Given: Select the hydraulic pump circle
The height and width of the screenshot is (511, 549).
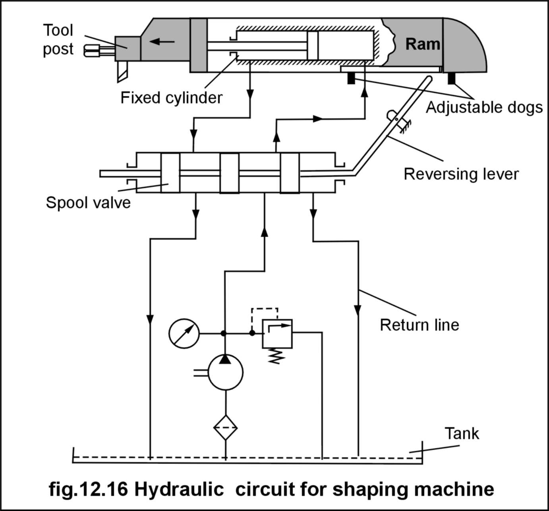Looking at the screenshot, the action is (225, 372).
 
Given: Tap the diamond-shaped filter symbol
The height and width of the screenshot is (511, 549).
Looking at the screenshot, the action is (225, 428).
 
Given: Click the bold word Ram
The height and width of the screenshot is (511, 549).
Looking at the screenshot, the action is (423, 44).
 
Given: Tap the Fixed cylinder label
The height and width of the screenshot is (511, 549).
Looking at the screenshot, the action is (171, 98).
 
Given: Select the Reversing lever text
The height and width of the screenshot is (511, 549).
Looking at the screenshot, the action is (461, 174).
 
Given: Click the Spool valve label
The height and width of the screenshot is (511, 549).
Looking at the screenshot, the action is (88, 203).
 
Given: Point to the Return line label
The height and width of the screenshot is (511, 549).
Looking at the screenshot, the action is (419, 325).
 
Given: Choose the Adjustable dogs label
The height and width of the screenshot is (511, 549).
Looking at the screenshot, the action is (484, 108).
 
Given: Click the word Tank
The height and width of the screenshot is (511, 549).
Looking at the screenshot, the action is (462, 433).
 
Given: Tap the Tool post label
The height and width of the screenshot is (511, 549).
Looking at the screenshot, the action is (58, 40).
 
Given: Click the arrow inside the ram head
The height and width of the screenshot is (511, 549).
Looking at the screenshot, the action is (162, 42).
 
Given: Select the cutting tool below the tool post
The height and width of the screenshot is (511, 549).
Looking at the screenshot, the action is (122, 72).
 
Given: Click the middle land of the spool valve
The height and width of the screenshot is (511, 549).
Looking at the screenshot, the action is (230, 173).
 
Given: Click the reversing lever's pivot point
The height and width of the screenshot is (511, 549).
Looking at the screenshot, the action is (396, 120).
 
